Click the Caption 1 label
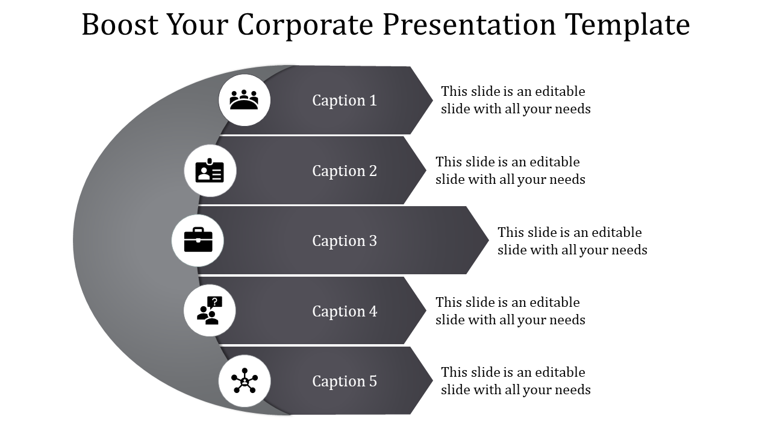click(x=344, y=100)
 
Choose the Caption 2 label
click(x=344, y=171)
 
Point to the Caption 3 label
click(x=344, y=241)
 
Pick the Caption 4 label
click(x=344, y=311)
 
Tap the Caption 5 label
click(x=344, y=381)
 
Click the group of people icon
click(x=244, y=100)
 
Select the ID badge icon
click(x=210, y=171)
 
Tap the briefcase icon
click(x=198, y=241)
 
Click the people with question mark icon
click(x=210, y=311)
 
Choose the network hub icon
click(x=244, y=381)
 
